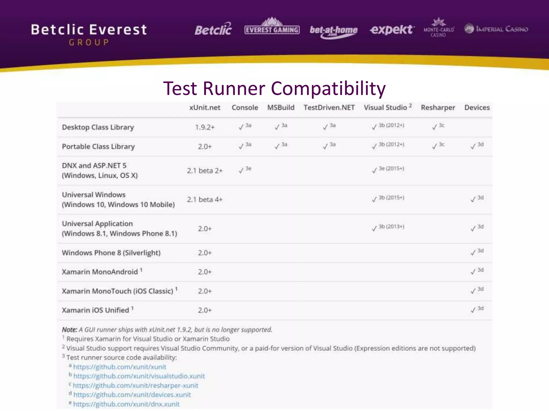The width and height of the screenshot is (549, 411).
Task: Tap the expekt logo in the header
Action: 392,29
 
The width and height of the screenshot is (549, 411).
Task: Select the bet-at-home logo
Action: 333,31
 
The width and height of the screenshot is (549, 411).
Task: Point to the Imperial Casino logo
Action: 496,29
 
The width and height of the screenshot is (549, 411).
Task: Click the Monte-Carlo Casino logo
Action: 439,28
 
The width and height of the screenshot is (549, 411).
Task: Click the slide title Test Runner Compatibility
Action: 274,88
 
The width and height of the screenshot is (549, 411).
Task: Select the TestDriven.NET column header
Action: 329,108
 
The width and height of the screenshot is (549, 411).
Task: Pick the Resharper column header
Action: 438,108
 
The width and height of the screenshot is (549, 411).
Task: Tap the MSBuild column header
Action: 281,108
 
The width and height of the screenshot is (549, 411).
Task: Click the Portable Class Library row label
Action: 98,147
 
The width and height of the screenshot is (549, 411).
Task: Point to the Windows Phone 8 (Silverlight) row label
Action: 111,253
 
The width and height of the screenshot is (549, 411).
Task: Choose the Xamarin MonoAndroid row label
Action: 100,272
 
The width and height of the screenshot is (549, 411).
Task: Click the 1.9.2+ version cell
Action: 205,127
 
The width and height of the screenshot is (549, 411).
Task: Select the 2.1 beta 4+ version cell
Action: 205,200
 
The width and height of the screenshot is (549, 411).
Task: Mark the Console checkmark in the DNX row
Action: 241,170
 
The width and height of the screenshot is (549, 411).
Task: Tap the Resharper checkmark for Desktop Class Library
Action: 435,127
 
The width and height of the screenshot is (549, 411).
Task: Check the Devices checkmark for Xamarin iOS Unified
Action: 473,310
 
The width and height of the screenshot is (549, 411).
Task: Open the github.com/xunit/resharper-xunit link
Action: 135,386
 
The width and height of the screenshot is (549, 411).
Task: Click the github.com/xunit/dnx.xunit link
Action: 126,404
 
